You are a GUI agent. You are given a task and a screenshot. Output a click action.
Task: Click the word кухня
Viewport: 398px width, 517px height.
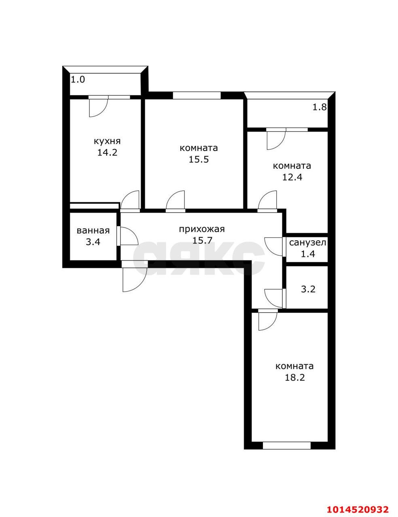(x=107, y=141)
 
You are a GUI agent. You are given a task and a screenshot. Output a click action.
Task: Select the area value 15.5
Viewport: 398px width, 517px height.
(x=199, y=159)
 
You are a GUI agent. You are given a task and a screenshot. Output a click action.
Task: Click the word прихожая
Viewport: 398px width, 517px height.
(x=202, y=229)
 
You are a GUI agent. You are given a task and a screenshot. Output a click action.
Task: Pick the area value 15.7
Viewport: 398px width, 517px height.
(x=202, y=241)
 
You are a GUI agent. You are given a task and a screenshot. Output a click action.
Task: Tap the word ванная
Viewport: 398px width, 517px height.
(x=93, y=231)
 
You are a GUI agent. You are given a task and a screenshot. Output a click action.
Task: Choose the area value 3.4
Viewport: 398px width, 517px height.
(x=93, y=242)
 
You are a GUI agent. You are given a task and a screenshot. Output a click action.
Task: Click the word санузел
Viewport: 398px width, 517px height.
(x=307, y=243)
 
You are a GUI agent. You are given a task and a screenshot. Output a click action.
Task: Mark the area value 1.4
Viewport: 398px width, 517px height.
(x=307, y=254)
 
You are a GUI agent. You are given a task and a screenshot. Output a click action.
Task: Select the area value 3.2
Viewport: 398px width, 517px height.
(x=308, y=289)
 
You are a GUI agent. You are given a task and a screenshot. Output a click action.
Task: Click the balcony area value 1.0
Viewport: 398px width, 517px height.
(x=78, y=80)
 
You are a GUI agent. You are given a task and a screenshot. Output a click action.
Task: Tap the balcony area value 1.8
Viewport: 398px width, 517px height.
(x=319, y=107)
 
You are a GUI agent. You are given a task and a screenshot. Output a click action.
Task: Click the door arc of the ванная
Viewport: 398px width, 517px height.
(x=128, y=236)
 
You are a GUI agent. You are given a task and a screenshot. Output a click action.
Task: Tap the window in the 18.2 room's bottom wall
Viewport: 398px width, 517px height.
(x=287, y=446)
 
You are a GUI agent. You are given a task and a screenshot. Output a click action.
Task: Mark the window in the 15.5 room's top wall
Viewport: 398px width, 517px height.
(x=197, y=96)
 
